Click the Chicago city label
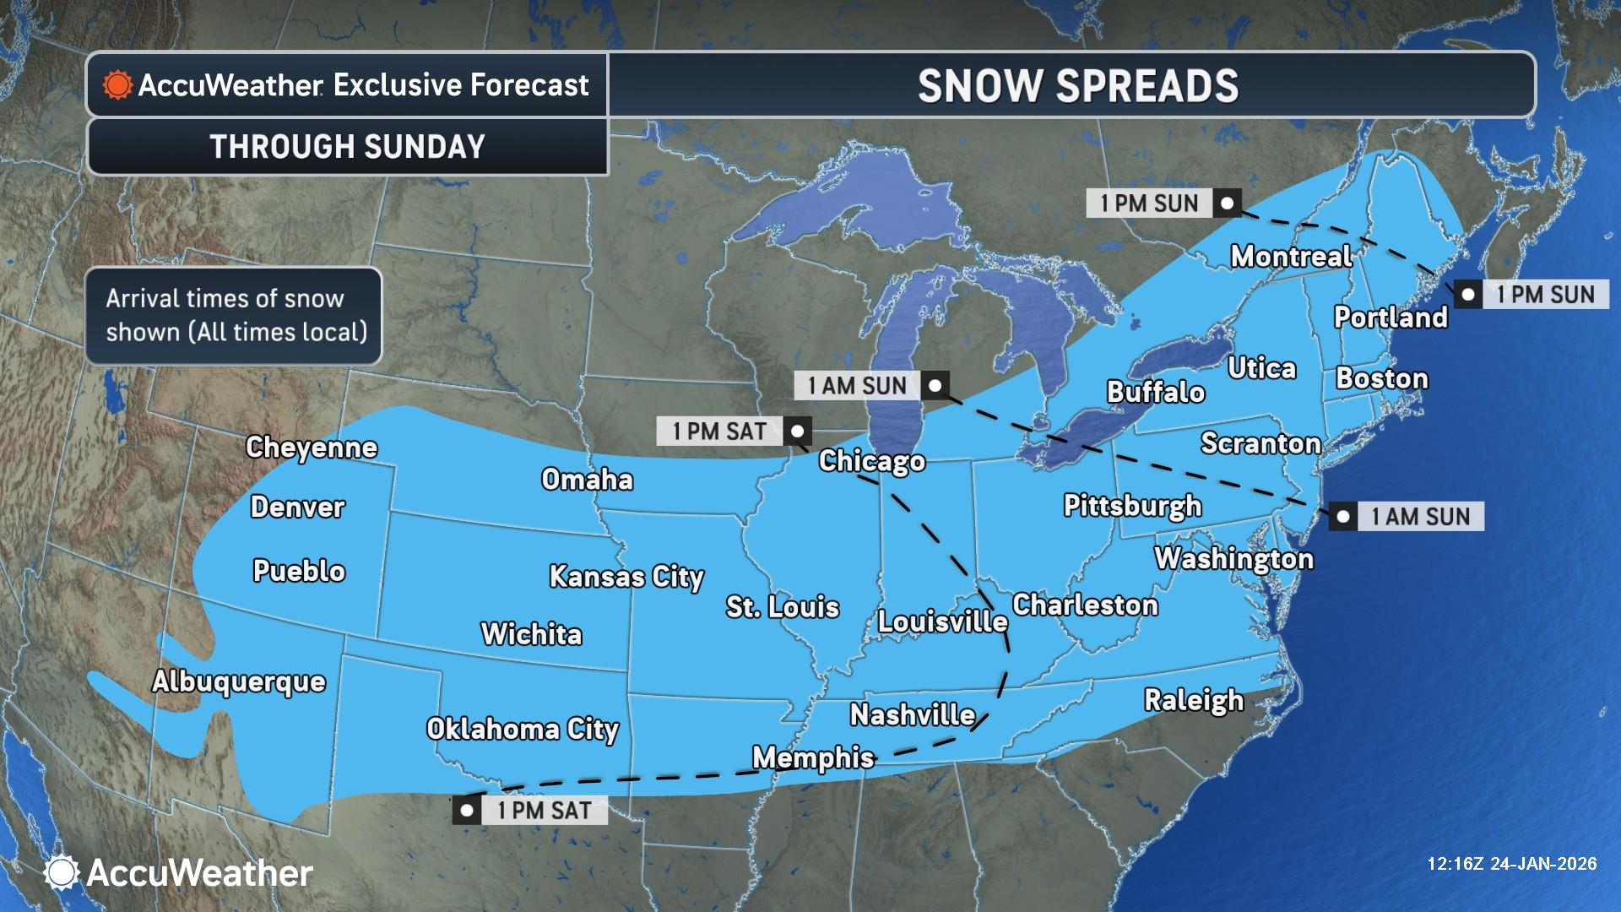[871, 461]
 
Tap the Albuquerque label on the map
[239, 681]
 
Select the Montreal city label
[1291, 256]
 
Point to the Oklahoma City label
[522, 729]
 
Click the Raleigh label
[1193, 700]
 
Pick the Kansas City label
[626, 576]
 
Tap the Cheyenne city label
[311, 447]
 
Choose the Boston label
[1381, 378]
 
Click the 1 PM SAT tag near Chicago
[719, 432]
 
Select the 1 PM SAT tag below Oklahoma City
[544, 811]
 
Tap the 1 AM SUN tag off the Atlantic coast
[1420, 516]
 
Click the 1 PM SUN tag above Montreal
[1149, 204]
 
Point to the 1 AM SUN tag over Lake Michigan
[856, 386]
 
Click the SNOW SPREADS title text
[1077, 86]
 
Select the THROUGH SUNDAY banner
[347, 147]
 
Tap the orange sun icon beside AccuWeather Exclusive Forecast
[117, 85]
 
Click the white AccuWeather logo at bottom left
[179, 872]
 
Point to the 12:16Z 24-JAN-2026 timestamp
[1511, 863]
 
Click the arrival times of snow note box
[234, 316]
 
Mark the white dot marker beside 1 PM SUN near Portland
[1468, 295]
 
